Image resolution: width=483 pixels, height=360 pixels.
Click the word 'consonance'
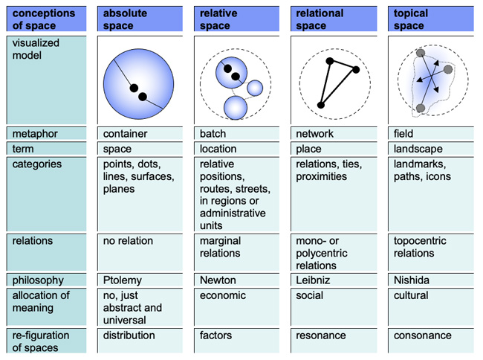[423, 335]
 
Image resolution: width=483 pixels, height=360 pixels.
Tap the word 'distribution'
[129, 335]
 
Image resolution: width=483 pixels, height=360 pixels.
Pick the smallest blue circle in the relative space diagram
[255, 88]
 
